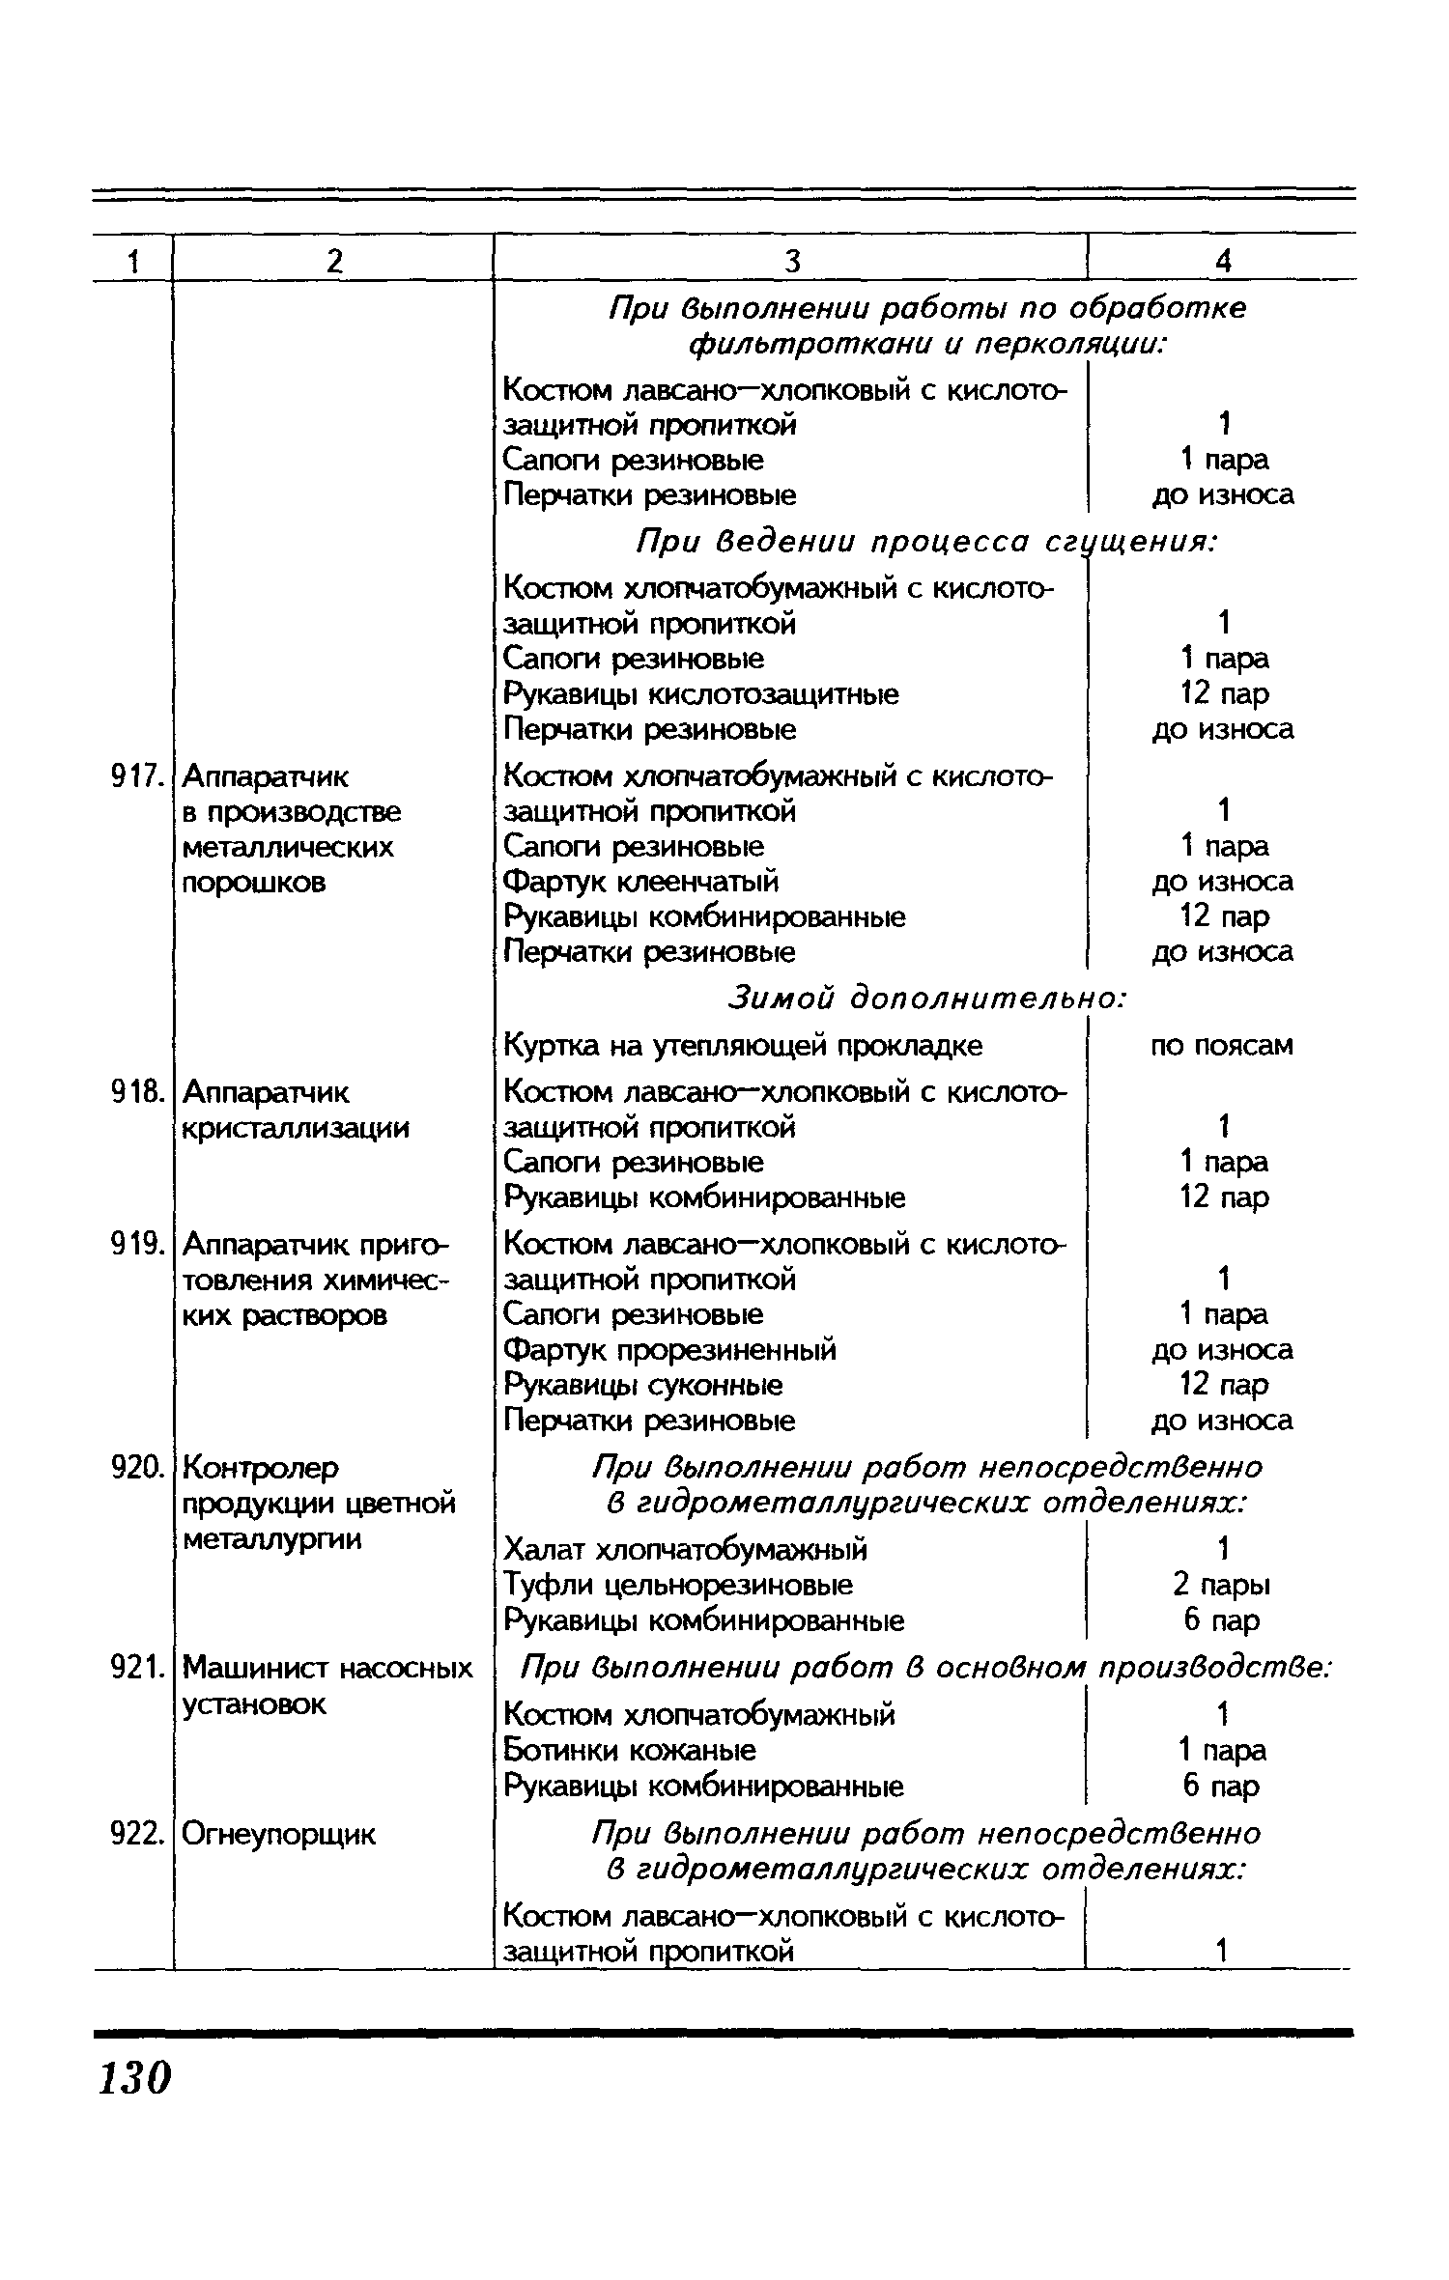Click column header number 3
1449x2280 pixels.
(791, 261)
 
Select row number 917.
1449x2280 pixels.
(134, 775)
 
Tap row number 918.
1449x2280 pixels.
(134, 1092)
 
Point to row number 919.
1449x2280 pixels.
(134, 1244)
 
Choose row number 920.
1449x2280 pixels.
(134, 1468)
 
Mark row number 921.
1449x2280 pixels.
(134, 1668)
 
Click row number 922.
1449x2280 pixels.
(134, 1833)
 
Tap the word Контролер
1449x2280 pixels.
(261, 1469)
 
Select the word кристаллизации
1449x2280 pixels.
(296, 1128)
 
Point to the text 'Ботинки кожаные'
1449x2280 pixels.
(631, 1750)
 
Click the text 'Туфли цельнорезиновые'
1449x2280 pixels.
(679, 1585)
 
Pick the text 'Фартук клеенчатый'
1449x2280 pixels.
(641, 882)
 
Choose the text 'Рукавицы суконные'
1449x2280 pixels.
(644, 1385)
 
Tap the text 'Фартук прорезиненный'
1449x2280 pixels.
(670, 1349)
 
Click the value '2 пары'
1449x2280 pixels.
(1222, 1585)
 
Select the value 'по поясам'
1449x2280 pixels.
(1222, 1045)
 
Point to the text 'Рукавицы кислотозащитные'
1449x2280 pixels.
(701, 693)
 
